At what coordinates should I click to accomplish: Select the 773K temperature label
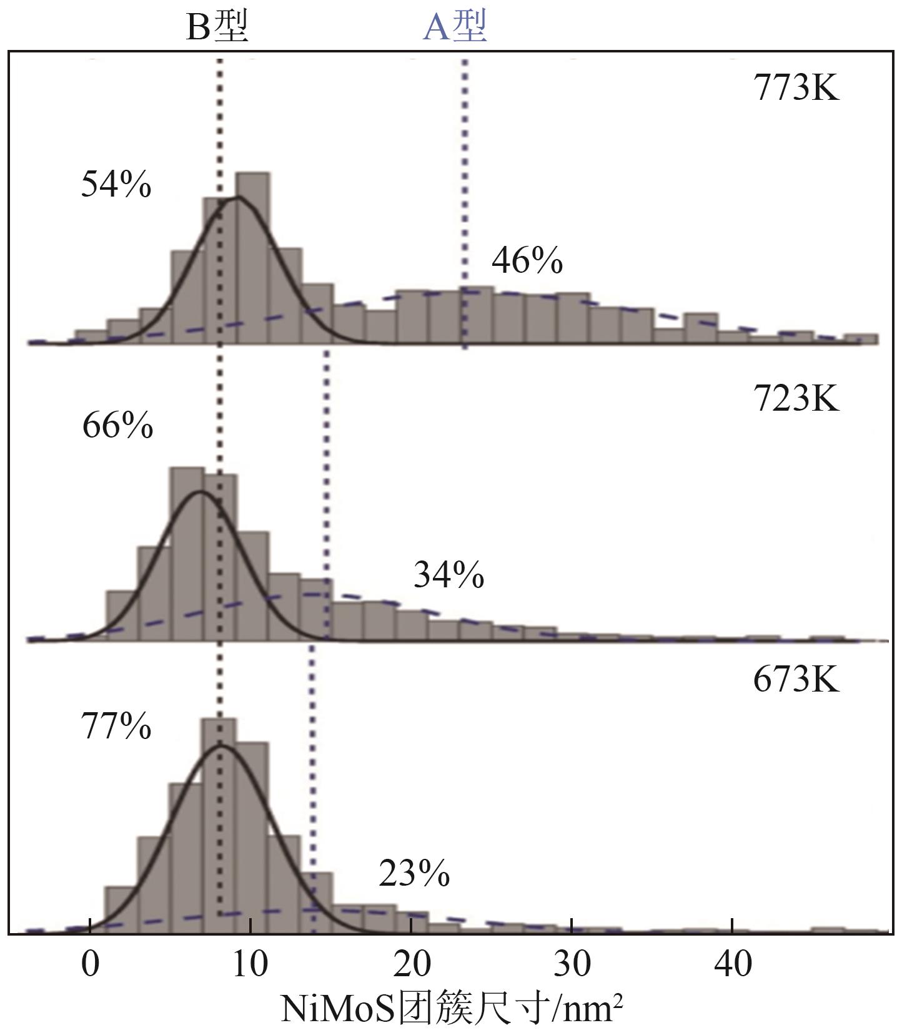click(796, 87)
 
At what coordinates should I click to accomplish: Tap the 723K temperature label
click(796, 398)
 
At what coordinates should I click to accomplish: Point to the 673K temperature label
click(796, 679)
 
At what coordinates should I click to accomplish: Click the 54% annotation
click(116, 185)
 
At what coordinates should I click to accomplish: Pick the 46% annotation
click(527, 260)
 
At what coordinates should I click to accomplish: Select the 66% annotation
click(117, 426)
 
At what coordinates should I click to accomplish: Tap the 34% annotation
click(449, 575)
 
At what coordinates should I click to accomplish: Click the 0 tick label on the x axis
click(91, 964)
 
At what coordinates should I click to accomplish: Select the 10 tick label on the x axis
click(250, 964)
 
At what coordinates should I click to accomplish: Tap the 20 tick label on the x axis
click(412, 964)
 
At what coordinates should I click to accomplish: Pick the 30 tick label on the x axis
click(572, 964)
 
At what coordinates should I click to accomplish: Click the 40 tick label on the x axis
click(733, 964)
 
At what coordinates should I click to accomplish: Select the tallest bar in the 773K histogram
click(252, 258)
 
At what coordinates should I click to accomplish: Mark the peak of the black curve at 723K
click(200, 492)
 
